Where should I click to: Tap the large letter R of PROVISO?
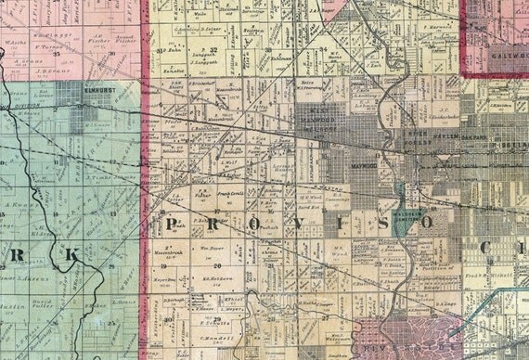213,225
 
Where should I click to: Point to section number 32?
213,48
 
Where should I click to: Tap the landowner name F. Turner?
41,45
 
